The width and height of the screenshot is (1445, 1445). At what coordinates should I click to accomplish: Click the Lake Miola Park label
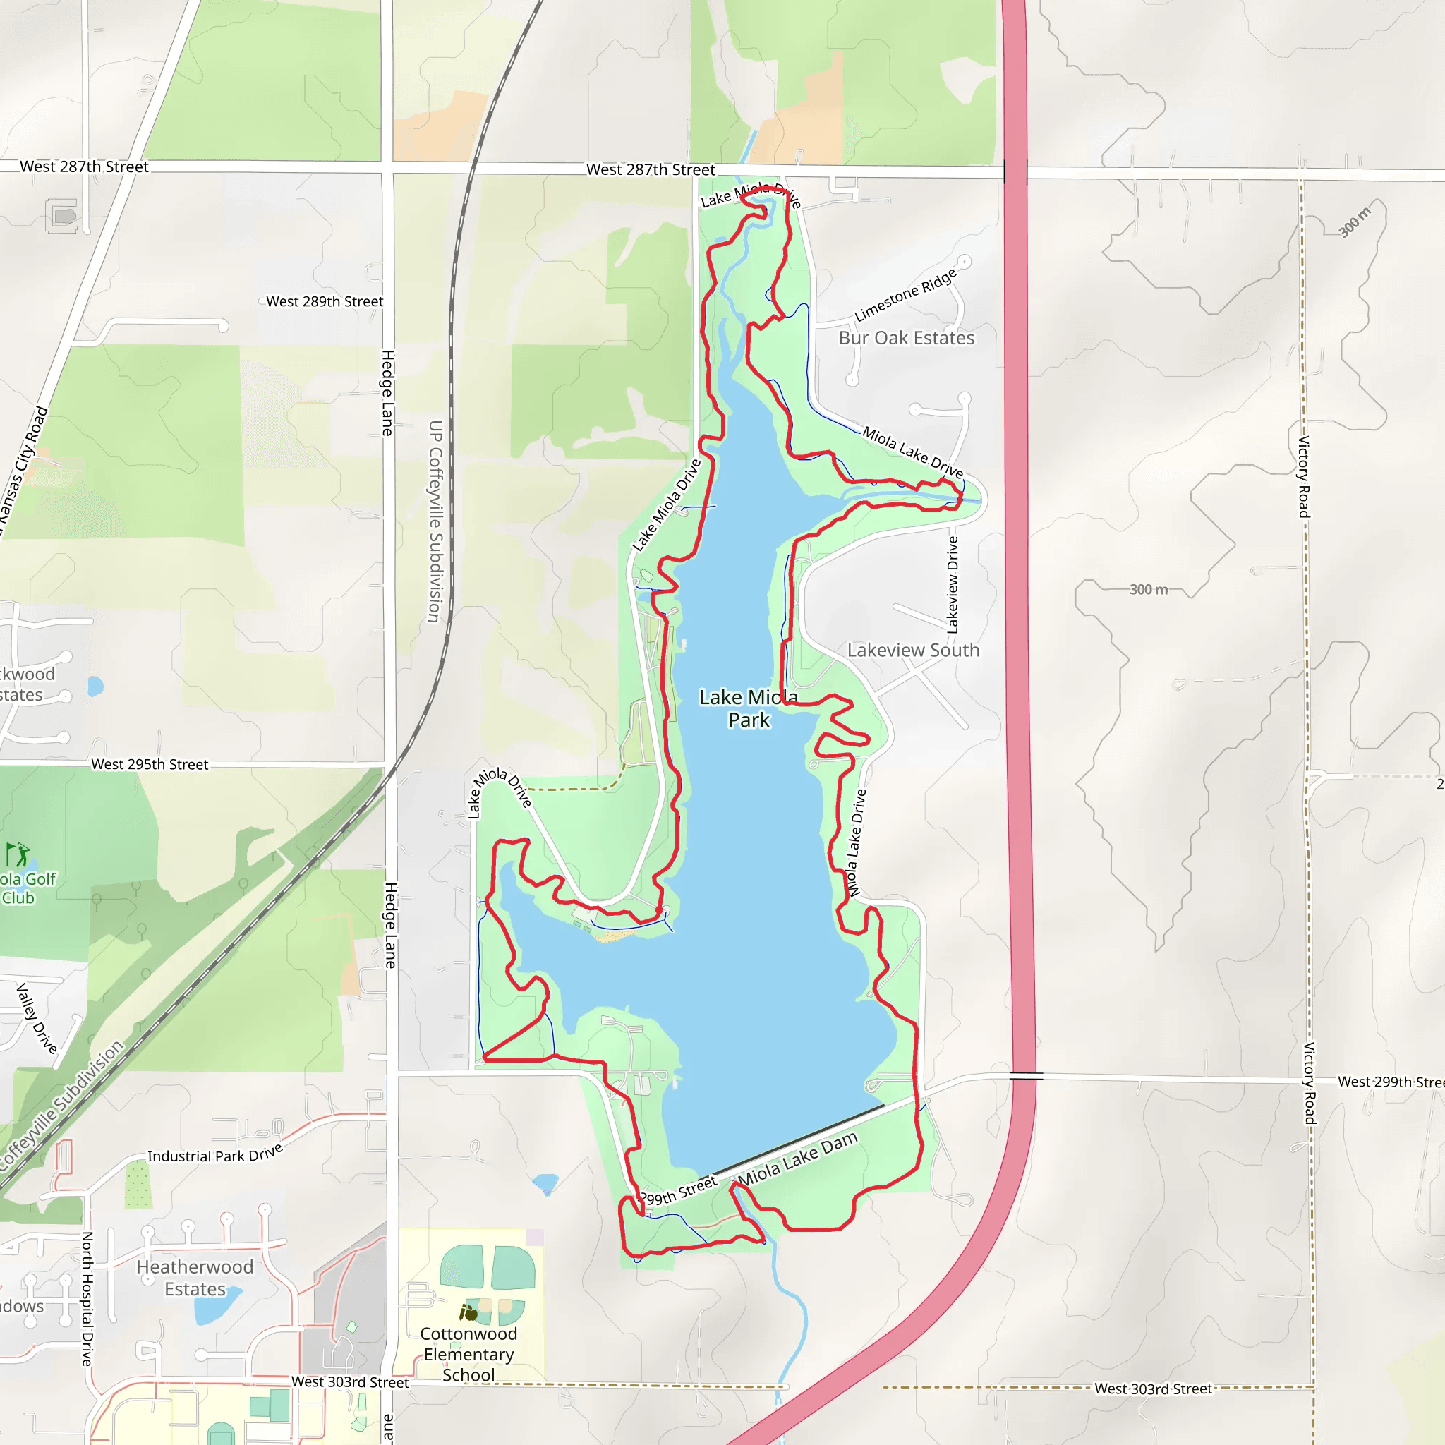749,708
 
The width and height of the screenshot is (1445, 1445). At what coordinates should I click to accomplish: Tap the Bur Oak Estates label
907,338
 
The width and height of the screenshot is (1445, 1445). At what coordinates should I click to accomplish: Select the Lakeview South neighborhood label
913,650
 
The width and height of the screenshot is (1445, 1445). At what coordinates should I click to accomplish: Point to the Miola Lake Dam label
797,1159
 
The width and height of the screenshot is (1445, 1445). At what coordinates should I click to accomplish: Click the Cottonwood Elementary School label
468,1354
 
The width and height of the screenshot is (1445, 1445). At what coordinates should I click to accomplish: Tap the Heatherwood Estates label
195,1278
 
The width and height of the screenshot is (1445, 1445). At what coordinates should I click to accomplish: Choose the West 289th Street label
325,301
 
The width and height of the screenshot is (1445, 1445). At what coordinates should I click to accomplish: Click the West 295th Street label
150,764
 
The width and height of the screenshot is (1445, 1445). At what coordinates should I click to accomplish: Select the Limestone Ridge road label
906,295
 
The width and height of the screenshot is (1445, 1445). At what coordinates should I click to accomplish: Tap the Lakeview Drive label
953,585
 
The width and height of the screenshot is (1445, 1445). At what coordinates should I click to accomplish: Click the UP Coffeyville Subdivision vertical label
435,521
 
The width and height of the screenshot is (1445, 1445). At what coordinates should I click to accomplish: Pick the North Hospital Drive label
87,1298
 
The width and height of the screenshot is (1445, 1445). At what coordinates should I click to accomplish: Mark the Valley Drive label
37,1019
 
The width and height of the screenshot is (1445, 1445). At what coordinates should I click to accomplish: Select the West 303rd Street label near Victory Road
1153,1389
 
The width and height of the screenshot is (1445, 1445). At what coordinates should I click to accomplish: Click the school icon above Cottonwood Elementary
468,1312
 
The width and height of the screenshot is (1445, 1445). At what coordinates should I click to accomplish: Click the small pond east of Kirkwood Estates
95,686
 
